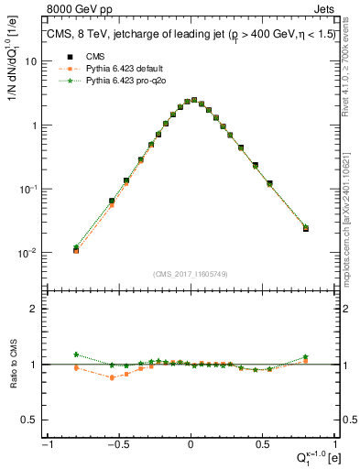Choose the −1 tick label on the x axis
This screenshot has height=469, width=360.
point(48,445)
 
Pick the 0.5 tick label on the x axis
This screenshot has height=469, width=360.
point(262,445)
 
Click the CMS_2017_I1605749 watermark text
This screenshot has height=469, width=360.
point(190,274)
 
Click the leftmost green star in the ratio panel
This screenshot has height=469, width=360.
point(76,354)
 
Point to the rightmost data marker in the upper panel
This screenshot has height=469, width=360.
point(306,228)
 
